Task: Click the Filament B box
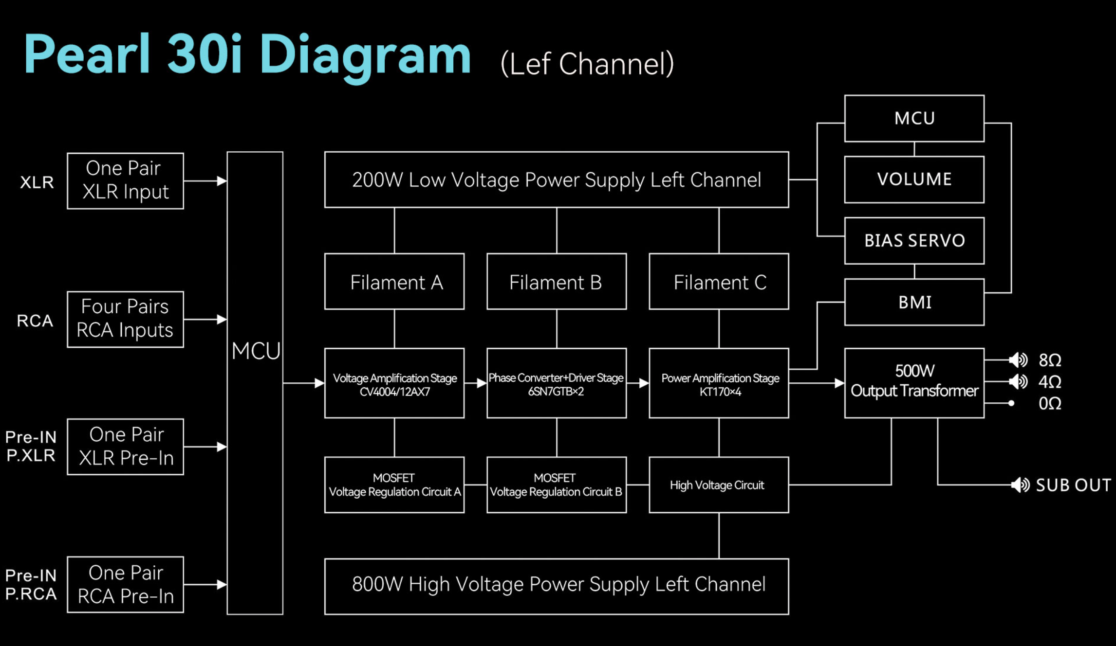(556, 281)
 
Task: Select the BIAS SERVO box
(914, 240)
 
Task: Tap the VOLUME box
(914, 179)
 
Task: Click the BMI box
(914, 302)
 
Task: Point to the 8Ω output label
(1049, 360)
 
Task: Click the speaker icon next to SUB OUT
(1020, 484)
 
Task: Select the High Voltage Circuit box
(718, 484)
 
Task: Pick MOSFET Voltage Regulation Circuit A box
(394, 484)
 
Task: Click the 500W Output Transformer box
(914, 382)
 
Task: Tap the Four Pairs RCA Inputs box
(125, 319)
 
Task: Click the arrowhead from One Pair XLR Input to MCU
(222, 181)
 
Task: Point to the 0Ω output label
(1049, 403)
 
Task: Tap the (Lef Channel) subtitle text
(587, 64)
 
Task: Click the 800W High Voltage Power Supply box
(556, 586)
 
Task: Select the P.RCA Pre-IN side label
(31, 585)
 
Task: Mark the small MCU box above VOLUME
(914, 118)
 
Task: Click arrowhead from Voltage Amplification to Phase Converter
(481, 383)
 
